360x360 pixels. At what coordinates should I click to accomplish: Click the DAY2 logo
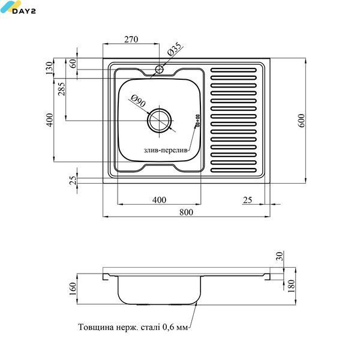pyautogui.click(x=18, y=7)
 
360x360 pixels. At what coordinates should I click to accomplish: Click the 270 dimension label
pyautogui.click(x=131, y=39)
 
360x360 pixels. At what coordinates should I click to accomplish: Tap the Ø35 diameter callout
pyautogui.click(x=174, y=49)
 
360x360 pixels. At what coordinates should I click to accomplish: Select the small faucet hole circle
pyautogui.click(x=159, y=69)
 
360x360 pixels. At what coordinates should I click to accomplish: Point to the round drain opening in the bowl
pyautogui.click(x=160, y=121)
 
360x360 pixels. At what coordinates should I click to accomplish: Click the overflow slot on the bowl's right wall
pyautogui.click(x=197, y=121)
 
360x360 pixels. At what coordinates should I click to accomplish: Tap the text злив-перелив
pyautogui.click(x=166, y=151)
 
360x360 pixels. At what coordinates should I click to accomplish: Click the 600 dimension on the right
pyautogui.click(x=301, y=121)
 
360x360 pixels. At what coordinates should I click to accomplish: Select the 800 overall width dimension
pyautogui.click(x=186, y=212)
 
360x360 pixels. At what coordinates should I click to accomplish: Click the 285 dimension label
pyautogui.click(x=62, y=89)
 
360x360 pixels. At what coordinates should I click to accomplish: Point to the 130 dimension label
pyautogui.click(x=49, y=68)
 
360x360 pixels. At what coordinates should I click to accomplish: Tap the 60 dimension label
pyautogui.click(x=73, y=64)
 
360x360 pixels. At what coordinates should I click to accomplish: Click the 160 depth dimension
pyautogui.click(x=73, y=289)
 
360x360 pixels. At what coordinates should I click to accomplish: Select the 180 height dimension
pyautogui.click(x=291, y=286)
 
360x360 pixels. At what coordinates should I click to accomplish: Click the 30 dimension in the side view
pyautogui.click(x=280, y=256)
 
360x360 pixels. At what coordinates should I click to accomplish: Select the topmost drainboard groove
pyautogui.click(x=233, y=70)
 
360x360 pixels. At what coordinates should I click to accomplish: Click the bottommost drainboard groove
pyautogui.click(x=233, y=170)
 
